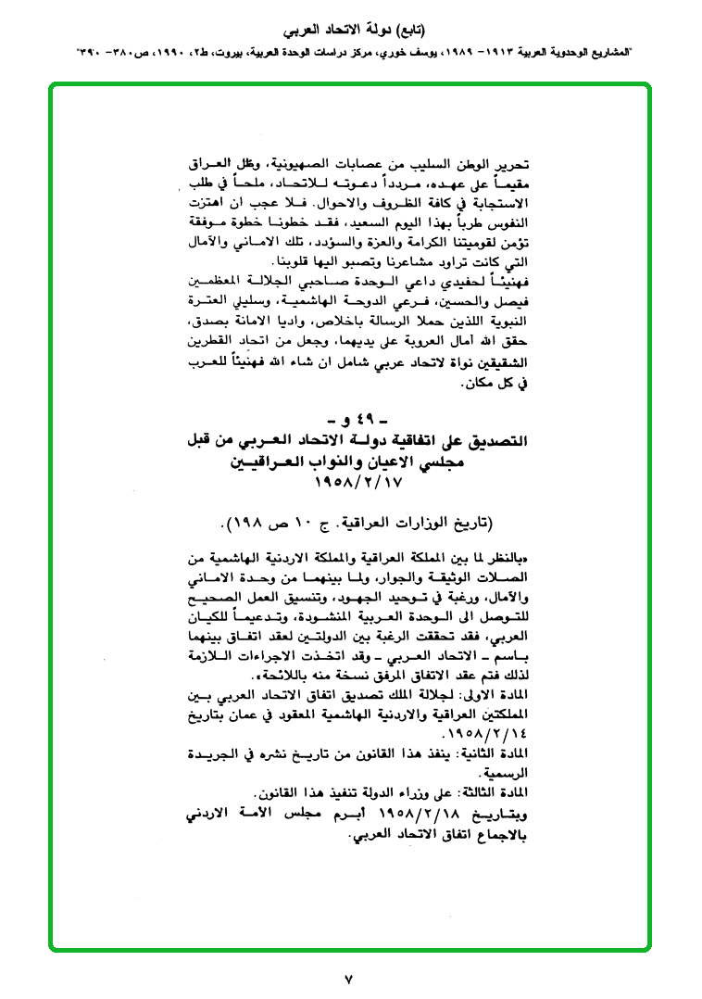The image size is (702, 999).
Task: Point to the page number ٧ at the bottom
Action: (349, 979)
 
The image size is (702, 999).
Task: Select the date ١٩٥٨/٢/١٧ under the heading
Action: (353, 483)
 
